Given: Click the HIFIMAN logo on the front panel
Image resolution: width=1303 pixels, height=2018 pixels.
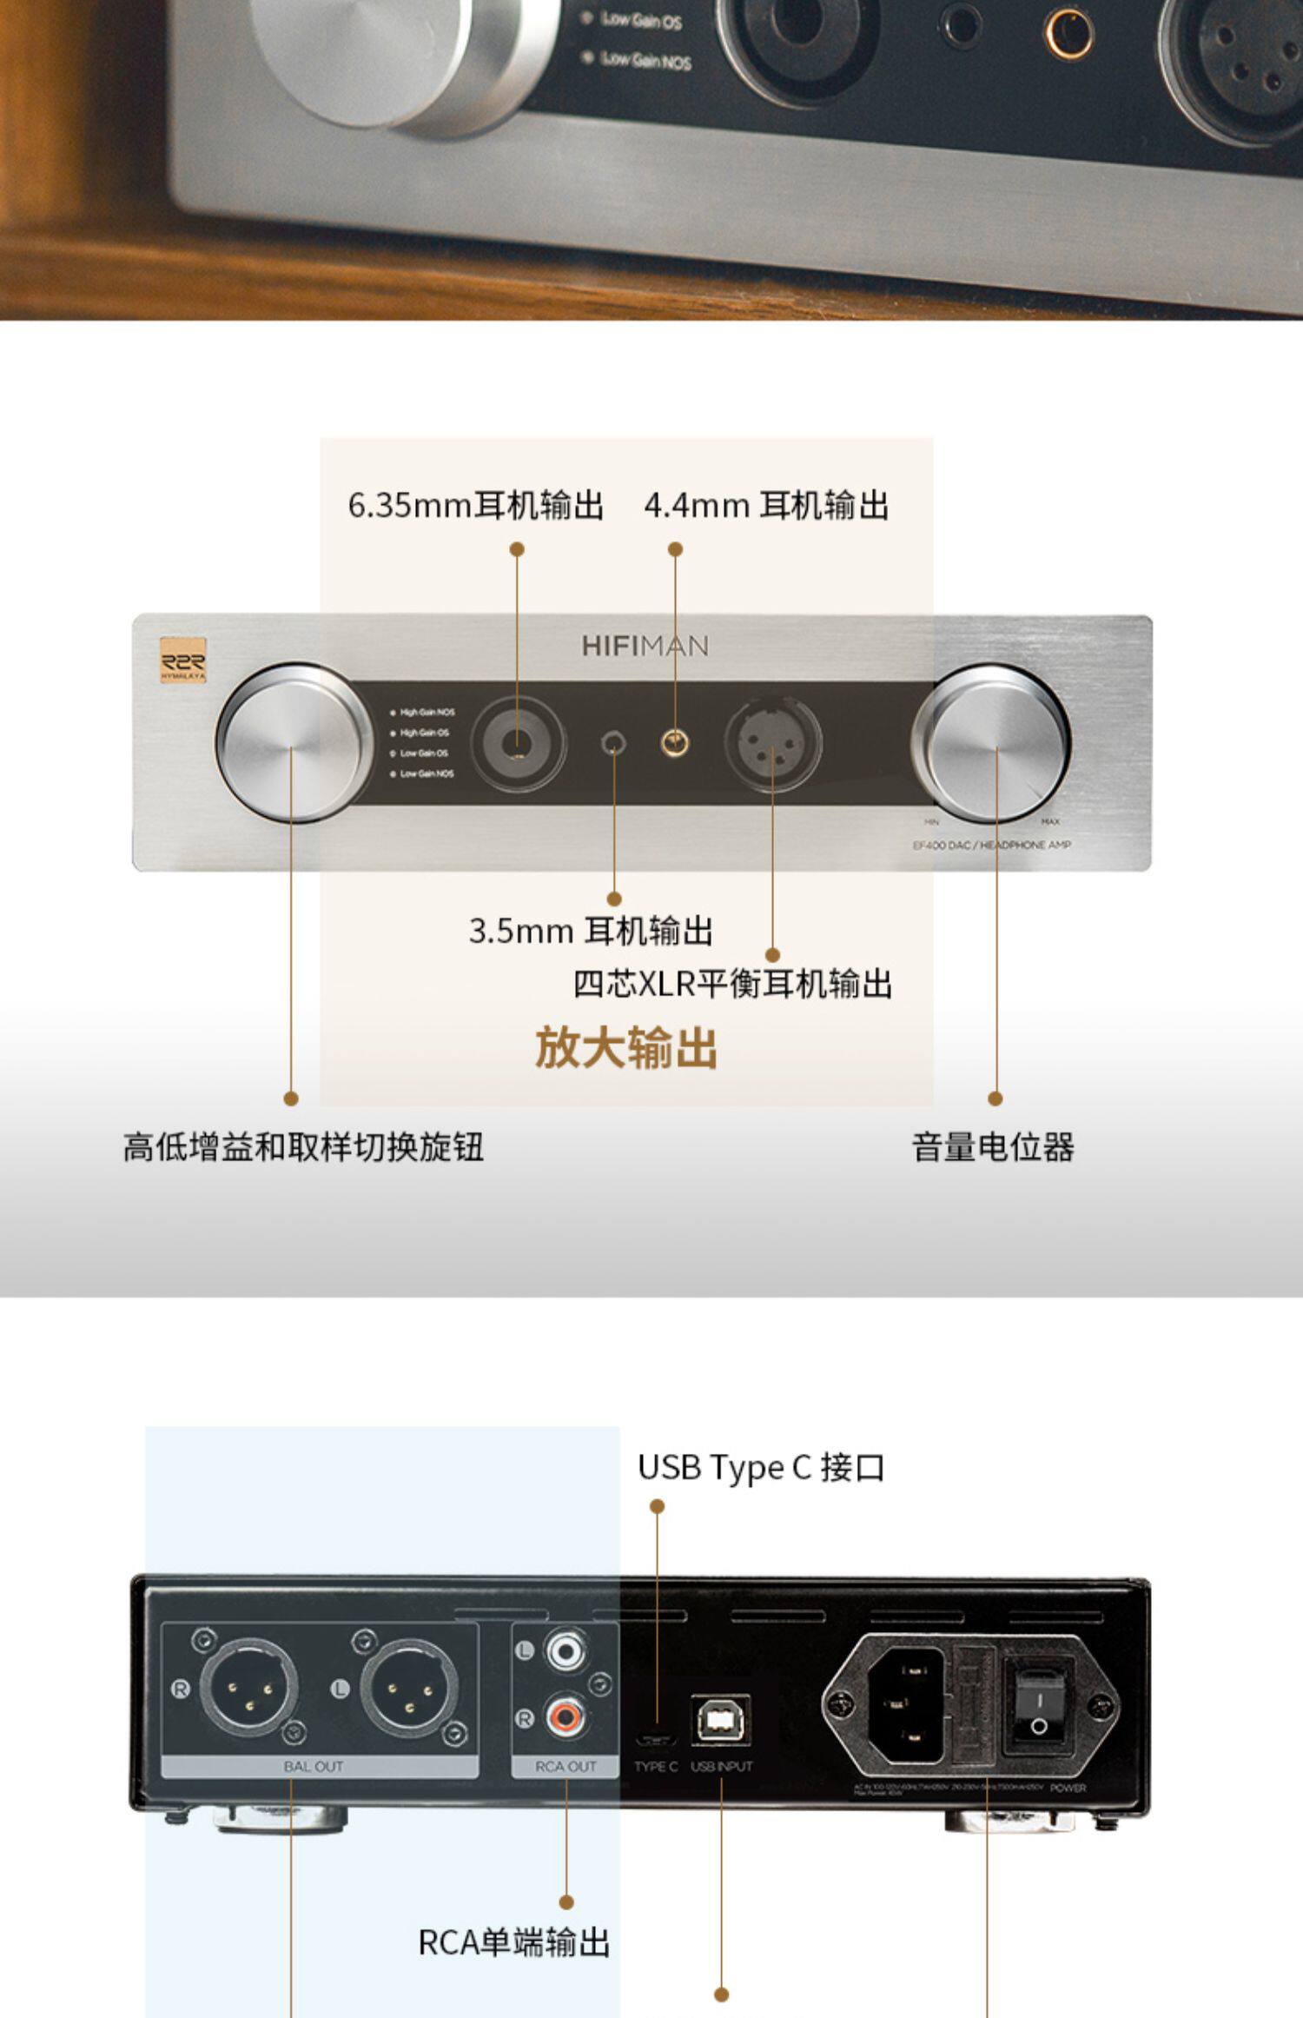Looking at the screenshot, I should pos(645,646).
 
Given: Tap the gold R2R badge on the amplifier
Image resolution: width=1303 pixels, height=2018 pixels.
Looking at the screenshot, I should pos(183,660).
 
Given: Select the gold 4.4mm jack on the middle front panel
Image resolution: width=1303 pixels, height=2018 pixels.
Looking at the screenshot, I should pos(675,743).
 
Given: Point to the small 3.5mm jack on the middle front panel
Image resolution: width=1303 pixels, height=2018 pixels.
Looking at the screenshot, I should pos(614,744).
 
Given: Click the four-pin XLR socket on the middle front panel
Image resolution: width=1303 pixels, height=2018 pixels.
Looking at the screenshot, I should pos(772,744).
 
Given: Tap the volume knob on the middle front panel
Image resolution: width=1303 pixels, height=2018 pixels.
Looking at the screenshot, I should pos(991,744).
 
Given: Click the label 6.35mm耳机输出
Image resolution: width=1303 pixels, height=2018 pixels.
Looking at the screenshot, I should pos(475,505).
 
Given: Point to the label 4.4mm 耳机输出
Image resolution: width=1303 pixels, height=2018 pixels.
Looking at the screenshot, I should pos(766,505).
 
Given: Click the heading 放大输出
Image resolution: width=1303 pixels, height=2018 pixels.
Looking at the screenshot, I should pos(625,1047).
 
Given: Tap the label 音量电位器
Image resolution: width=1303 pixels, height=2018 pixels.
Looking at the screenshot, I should pos(993,1147).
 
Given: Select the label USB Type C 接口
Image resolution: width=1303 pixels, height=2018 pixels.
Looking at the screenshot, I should pos(761,1468).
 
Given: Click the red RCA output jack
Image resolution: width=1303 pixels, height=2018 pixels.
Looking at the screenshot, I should pos(566,1716).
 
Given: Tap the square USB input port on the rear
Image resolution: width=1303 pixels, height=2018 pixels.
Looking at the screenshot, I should pos(721,1718).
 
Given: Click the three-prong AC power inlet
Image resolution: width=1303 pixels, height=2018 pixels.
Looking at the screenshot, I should pos(905,1704).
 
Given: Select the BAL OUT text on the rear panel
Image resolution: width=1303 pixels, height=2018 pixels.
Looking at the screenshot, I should pos(314,1767).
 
